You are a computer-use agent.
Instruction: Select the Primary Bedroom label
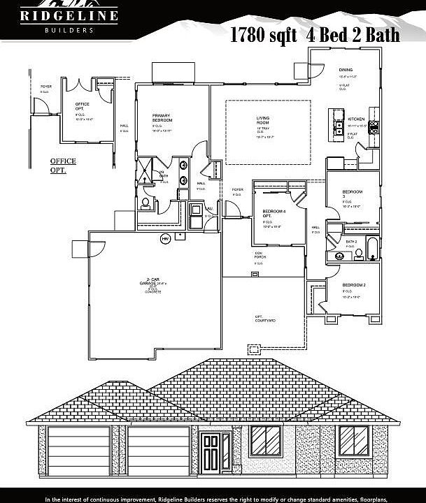pyautogui.click(x=162, y=119)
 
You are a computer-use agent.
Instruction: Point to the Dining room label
pyautogui.click(x=346, y=71)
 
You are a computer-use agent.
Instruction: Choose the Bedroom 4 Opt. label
pyautogui.click(x=273, y=212)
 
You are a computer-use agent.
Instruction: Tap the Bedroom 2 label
pyautogui.click(x=353, y=286)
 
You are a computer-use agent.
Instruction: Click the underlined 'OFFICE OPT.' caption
pyautogui.click(x=63, y=165)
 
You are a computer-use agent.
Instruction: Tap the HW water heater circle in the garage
pyautogui.click(x=166, y=239)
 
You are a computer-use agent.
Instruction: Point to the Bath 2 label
pyautogui.click(x=351, y=241)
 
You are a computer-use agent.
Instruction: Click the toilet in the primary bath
pyautogui.click(x=145, y=203)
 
